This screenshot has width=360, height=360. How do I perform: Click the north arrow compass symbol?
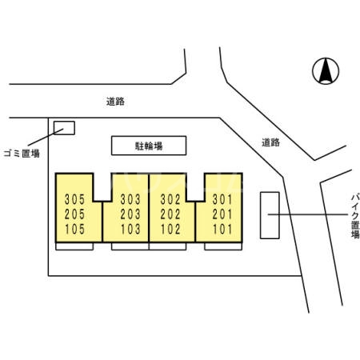[x=326, y=71]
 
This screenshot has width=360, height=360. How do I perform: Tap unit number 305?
[x=74, y=199]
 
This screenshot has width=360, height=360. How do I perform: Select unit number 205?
[x=74, y=214]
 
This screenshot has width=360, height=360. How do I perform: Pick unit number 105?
[x=74, y=229]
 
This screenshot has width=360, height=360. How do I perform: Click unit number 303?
[x=130, y=199]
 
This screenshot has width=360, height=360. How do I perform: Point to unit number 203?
[x=130, y=214]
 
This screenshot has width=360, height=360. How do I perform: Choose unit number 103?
[x=130, y=229]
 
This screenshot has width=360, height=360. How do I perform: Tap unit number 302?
[x=170, y=199]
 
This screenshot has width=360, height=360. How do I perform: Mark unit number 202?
[x=170, y=214]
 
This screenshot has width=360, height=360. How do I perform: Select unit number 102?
[x=170, y=229]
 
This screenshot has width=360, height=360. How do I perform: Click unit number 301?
[x=222, y=199]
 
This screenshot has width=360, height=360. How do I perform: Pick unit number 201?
[x=222, y=214]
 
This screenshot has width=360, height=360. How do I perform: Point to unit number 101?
[x=222, y=229]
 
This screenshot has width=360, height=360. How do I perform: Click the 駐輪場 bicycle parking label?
[x=149, y=146]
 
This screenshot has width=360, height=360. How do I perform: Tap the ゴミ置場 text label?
[x=22, y=154]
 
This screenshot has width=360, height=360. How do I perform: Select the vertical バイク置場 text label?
[x=355, y=216]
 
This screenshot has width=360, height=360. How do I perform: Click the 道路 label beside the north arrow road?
[x=270, y=142]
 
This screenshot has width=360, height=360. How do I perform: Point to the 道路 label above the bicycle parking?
[x=115, y=102]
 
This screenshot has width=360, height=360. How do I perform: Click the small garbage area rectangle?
[x=64, y=128]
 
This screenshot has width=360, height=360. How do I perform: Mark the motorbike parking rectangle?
[x=270, y=215]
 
